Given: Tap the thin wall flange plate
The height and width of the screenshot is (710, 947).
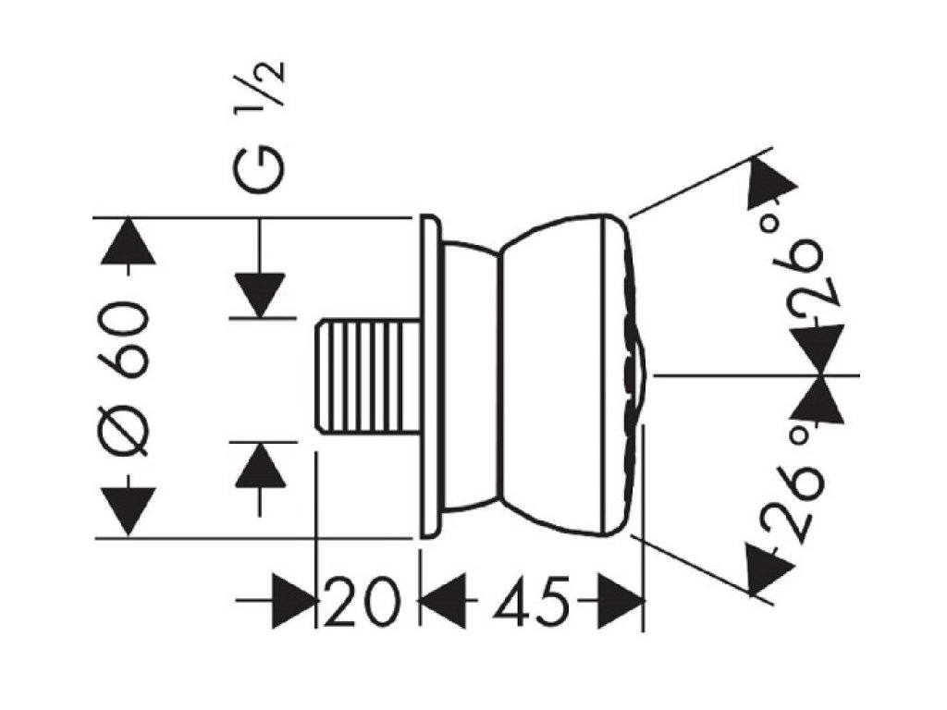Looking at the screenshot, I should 429,376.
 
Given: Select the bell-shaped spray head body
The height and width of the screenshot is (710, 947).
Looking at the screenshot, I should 564,376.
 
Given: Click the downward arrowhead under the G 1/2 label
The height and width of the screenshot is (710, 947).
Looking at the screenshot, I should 259,294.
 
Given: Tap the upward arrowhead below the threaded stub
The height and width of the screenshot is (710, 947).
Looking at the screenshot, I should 259,465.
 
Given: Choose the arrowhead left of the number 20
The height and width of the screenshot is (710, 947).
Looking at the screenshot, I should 294,603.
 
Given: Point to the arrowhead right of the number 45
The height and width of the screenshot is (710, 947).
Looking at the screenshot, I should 620,603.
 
